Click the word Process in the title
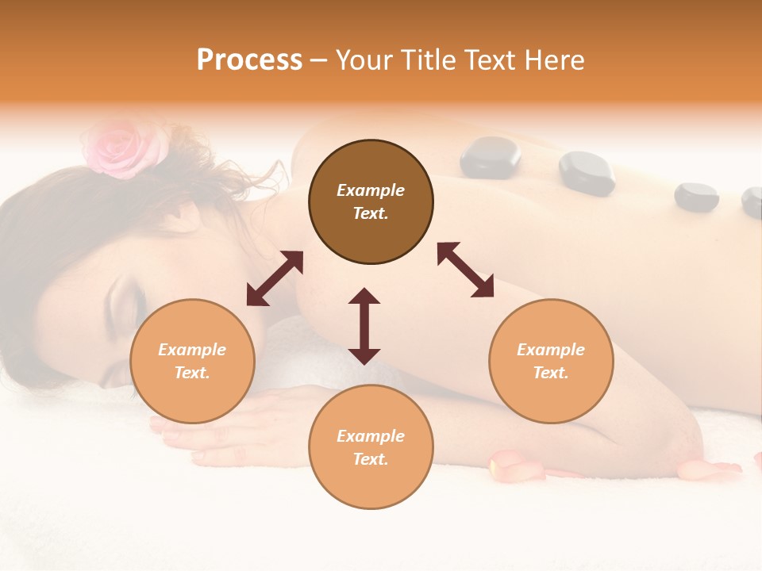click(249, 60)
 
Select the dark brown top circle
click(371, 202)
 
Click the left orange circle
click(192, 361)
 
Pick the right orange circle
click(551, 361)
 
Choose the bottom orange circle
click(371, 446)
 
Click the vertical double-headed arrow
click(364, 326)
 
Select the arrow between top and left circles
click(275, 278)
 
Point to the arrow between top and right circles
click(466, 270)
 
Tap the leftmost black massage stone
click(491, 156)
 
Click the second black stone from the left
click(587, 173)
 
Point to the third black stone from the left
click(696, 197)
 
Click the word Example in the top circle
click(371, 190)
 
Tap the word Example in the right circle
click(551, 350)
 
